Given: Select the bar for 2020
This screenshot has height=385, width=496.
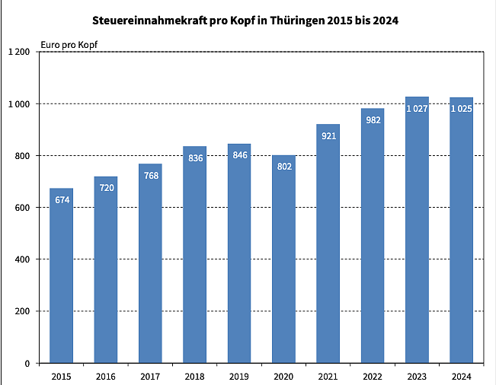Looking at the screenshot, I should [283, 259].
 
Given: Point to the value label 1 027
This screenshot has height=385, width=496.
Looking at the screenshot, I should [417, 109].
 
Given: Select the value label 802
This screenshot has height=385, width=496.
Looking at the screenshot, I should [283, 167].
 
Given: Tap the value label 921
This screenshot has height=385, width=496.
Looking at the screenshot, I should [328, 136].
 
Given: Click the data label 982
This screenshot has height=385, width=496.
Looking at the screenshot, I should [373, 120].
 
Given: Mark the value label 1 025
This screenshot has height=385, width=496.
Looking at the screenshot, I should [462, 110].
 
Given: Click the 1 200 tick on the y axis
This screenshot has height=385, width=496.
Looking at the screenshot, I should [19, 52].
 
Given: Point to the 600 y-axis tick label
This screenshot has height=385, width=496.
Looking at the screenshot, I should [22, 208].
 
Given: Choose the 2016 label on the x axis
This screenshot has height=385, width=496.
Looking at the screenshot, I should [105, 376].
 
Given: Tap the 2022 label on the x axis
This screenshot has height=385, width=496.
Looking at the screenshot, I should [373, 376].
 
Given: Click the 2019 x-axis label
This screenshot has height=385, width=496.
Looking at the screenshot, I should [238, 376].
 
